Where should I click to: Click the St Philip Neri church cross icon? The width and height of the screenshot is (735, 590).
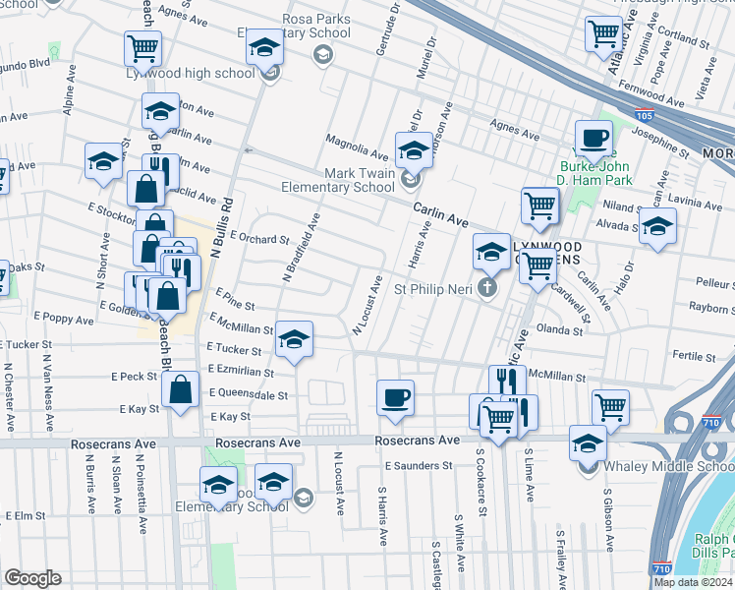(486, 288)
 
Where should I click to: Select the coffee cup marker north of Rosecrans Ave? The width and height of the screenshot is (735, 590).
(395, 398)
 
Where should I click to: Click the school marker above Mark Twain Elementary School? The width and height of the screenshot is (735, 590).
(414, 150)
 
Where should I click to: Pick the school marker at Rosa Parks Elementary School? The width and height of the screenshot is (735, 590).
(264, 47)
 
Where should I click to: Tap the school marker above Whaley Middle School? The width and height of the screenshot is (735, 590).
(589, 443)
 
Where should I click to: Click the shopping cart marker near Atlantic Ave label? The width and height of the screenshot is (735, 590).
(603, 33)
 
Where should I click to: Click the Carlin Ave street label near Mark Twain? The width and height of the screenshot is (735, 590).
(439, 209)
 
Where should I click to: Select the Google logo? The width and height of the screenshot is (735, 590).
(32, 578)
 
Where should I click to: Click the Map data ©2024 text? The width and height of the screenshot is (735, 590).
(693, 582)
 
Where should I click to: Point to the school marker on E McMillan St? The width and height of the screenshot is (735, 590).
(294, 340)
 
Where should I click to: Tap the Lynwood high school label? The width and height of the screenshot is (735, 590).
(190, 73)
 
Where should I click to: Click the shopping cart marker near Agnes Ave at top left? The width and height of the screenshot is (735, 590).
(143, 48)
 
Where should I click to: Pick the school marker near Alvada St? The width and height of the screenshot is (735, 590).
(657, 227)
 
